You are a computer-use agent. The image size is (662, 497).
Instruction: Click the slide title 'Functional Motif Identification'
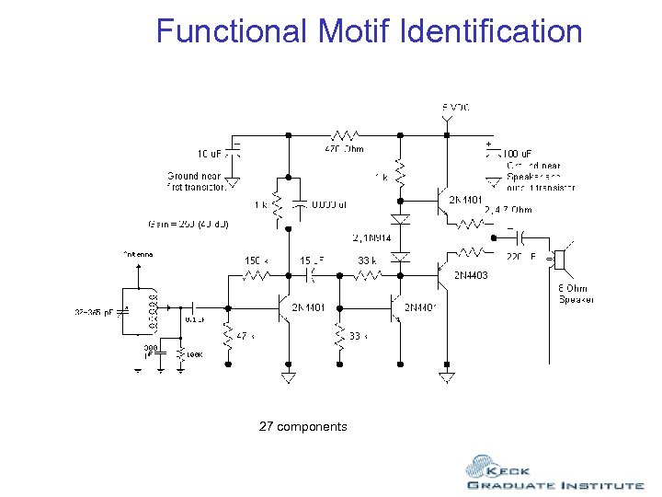click(369, 31)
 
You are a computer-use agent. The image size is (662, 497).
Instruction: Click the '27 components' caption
click(302, 426)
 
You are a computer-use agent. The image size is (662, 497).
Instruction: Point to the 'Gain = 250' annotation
click(188, 224)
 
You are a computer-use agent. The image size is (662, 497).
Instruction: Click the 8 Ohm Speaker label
click(576, 294)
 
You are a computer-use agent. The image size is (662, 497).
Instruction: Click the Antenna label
click(137, 254)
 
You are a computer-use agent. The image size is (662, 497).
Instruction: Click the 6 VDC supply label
click(455, 108)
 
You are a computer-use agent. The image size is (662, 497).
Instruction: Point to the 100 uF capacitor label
click(518, 154)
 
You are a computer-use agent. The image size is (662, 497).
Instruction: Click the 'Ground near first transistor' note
click(196, 181)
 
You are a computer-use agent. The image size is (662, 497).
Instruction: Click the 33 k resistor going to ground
click(339, 335)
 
